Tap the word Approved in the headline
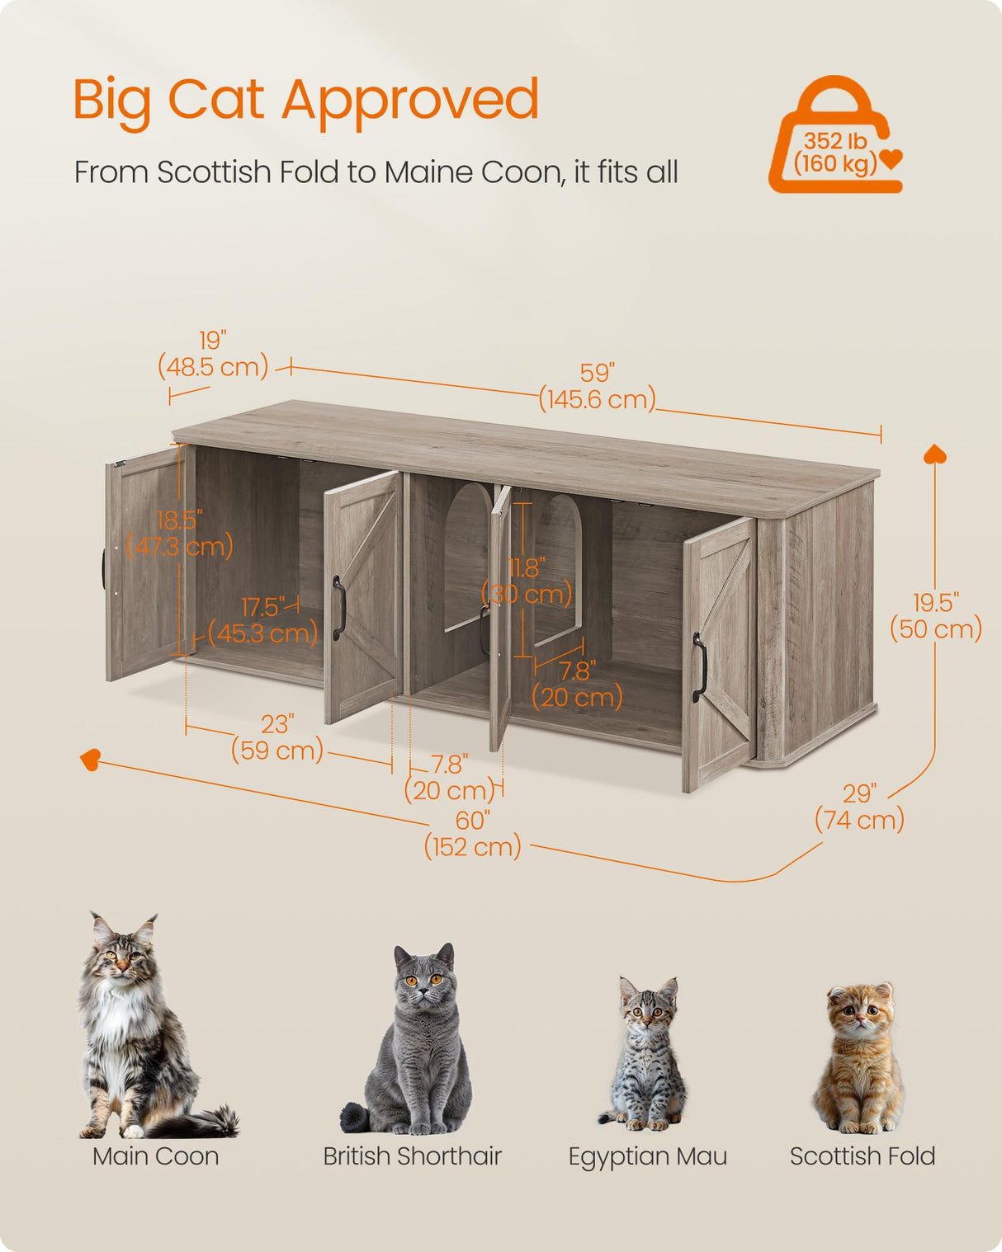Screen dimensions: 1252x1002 [x=410, y=101]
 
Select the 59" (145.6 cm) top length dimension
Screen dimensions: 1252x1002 [x=597, y=386]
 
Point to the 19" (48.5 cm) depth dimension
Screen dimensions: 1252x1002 [x=213, y=354]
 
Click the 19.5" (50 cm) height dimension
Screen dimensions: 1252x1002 [x=935, y=616]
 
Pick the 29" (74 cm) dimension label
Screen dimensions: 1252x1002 [x=859, y=807]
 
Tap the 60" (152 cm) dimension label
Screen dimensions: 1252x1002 [x=472, y=834]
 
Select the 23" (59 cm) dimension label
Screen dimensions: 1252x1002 [x=277, y=737]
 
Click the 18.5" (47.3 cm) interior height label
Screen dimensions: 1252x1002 [x=179, y=534]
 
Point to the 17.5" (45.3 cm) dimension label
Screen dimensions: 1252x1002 [x=263, y=620]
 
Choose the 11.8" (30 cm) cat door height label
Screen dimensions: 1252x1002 [x=527, y=581]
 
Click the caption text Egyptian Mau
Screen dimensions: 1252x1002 [x=647, y=1156]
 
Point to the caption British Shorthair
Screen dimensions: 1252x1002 [x=412, y=1156]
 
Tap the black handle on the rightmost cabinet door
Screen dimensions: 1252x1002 [x=700, y=667]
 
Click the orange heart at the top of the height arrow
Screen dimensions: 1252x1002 [x=935, y=454]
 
